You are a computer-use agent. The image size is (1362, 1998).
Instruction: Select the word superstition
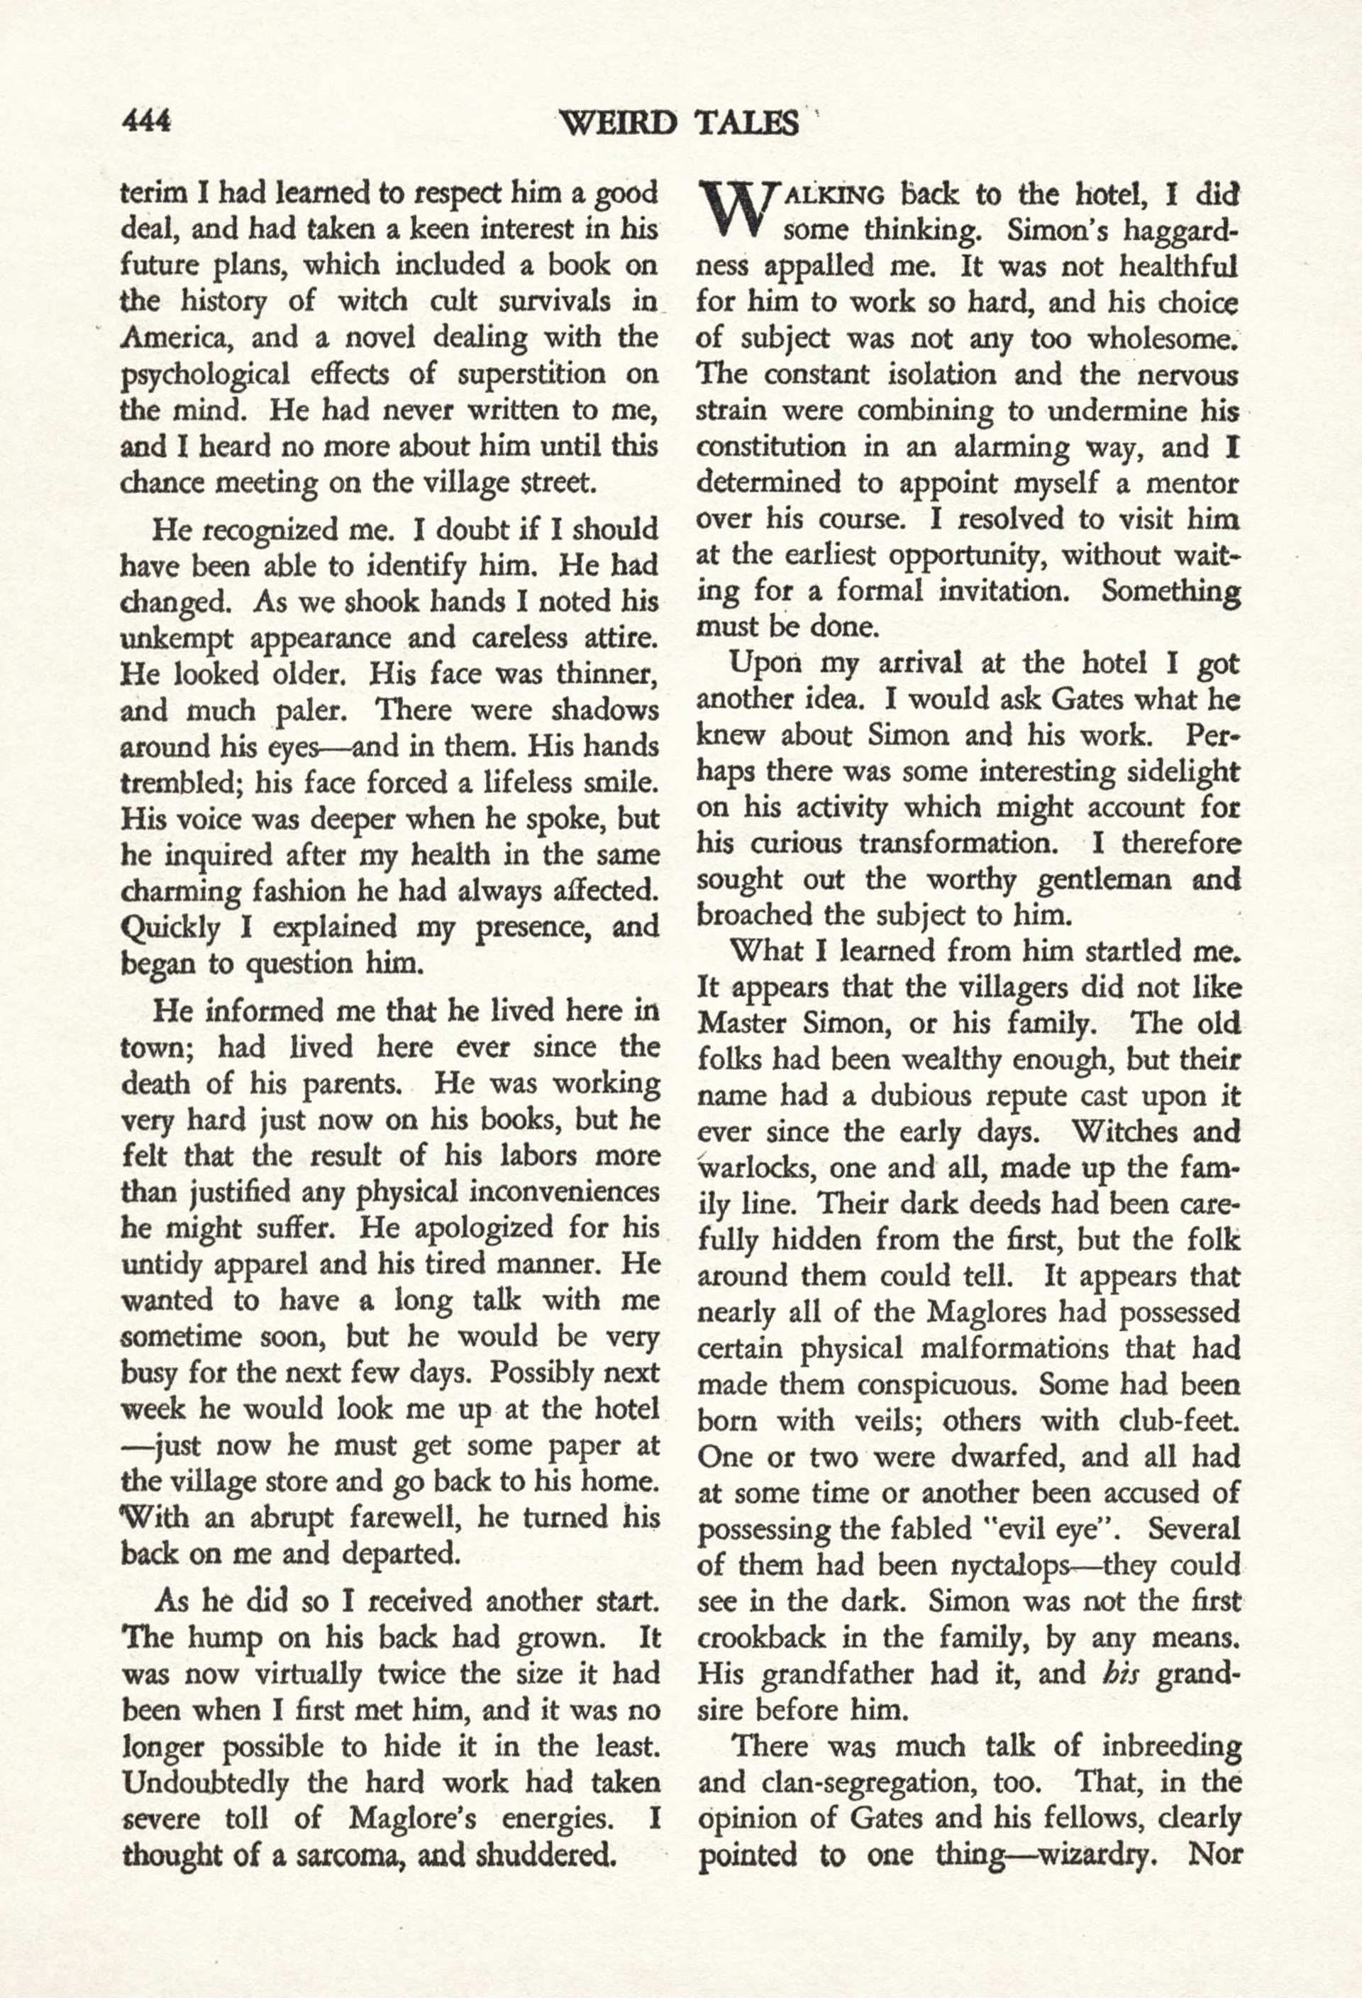pos(527,374)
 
